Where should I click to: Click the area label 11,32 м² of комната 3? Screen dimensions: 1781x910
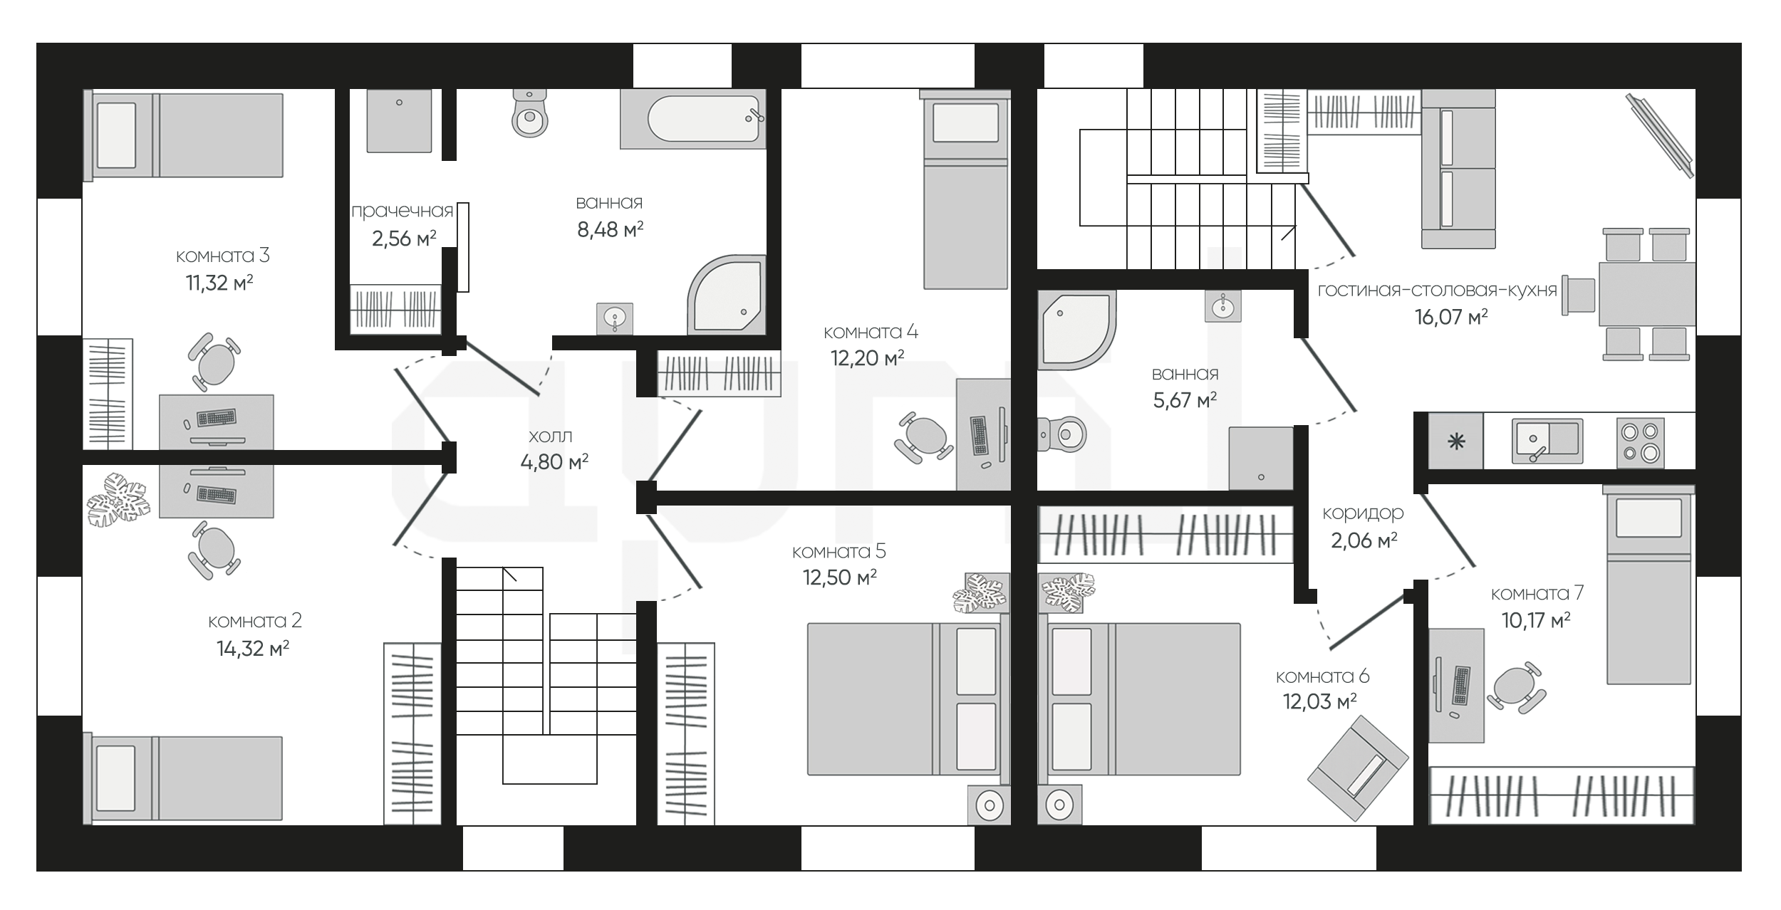tap(219, 283)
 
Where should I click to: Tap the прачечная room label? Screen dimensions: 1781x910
tap(403, 211)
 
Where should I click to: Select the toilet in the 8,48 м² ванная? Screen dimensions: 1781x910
tap(529, 113)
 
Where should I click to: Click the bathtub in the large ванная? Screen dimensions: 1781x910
tap(692, 119)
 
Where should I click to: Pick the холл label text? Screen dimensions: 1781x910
tap(551, 436)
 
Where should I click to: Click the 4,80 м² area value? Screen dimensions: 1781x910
tap(554, 462)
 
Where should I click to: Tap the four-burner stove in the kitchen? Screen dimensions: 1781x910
tap(1640, 442)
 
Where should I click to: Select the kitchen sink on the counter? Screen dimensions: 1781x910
tap(1547, 441)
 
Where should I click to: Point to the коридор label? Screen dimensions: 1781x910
tap(1363, 513)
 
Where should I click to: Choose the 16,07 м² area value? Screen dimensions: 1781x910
tap(1451, 317)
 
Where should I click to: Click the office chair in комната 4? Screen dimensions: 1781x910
tap(924, 436)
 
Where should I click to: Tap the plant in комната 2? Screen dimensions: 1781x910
tap(119, 499)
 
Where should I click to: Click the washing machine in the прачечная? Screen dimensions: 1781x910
tap(399, 120)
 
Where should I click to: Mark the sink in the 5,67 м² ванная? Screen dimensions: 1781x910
tap(1223, 305)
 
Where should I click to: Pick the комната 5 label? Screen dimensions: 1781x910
tap(839, 551)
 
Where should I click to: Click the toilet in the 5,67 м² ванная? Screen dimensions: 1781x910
tap(1061, 434)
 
